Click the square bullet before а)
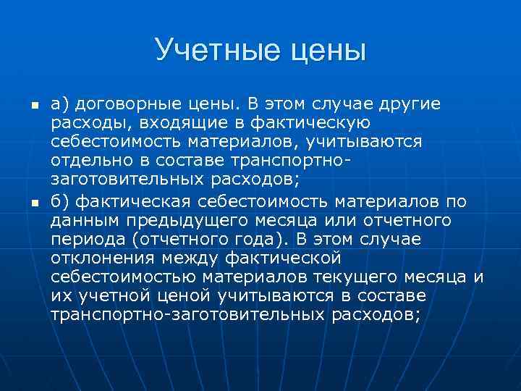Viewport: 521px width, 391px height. [x=33, y=106]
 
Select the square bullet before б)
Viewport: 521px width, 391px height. [x=33, y=201]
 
